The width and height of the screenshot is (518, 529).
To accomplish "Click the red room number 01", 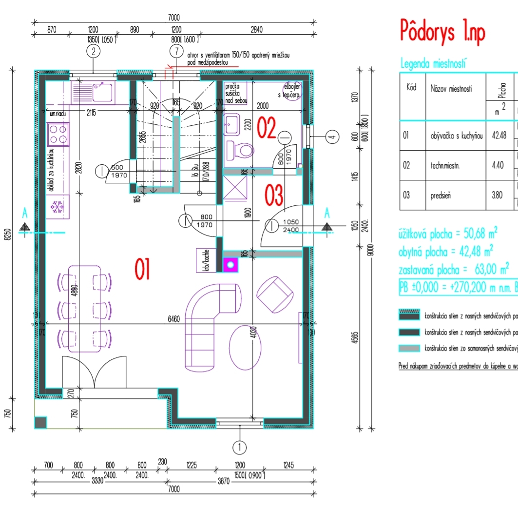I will coord(142,270).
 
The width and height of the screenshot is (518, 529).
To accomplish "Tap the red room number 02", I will coord(267,128).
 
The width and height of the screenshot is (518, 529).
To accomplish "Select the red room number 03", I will coord(273,196).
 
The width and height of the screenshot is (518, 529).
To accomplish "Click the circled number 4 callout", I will coord(332,137).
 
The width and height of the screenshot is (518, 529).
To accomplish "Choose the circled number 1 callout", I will coord(239,446).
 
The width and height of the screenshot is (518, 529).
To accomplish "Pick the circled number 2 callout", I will coord(93,51).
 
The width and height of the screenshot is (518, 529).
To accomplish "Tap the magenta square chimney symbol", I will coord(230,265).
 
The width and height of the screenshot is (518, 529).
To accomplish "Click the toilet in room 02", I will coord(238,149).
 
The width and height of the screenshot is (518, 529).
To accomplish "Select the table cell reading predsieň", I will coord(441,196).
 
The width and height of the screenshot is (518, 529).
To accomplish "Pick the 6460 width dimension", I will coord(173,319).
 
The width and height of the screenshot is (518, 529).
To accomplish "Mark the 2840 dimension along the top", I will coord(256,29).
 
